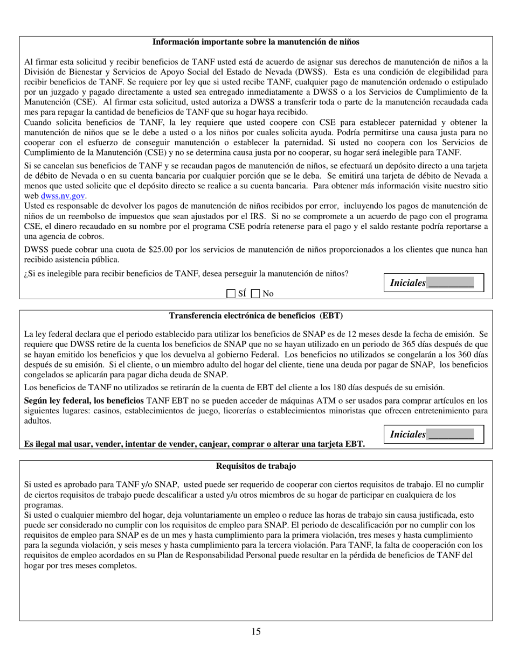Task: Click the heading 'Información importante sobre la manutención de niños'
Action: point(256,42)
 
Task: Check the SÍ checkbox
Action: point(231,293)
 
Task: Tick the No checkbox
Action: point(256,293)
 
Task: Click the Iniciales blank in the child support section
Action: point(451,283)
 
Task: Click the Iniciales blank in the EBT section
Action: point(451,435)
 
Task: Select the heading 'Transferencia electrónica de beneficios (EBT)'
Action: point(256,315)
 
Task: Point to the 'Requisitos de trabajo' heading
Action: point(256,466)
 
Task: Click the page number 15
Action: point(255,632)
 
